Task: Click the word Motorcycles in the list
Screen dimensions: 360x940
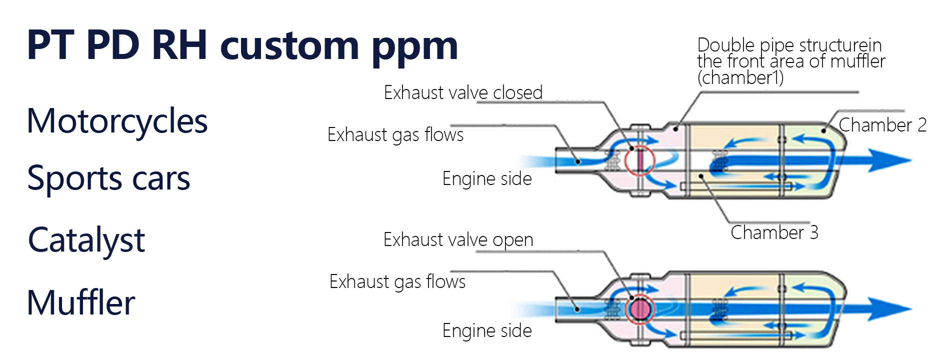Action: tap(117, 121)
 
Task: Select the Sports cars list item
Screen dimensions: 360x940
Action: tap(108, 178)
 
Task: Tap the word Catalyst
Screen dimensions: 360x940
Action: tap(86, 240)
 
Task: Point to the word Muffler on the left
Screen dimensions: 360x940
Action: tap(81, 303)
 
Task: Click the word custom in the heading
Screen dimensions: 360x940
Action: tap(289, 46)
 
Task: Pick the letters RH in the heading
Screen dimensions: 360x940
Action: tap(179, 46)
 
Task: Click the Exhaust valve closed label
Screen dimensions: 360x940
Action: tap(463, 93)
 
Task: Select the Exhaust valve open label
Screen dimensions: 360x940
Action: tap(458, 240)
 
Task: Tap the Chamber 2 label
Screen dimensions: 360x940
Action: tap(882, 125)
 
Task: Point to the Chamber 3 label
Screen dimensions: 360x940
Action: tap(774, 232)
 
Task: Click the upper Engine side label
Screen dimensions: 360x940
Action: tap(487, 179)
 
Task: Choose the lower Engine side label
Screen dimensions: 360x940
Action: tap(487, 331)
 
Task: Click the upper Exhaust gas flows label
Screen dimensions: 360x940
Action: tap(395, 135)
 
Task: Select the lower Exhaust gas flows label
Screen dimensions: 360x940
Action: tap(397, 282)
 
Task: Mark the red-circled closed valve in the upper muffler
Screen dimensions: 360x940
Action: tap(639, 160)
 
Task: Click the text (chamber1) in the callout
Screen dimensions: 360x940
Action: tap(740, 78)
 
